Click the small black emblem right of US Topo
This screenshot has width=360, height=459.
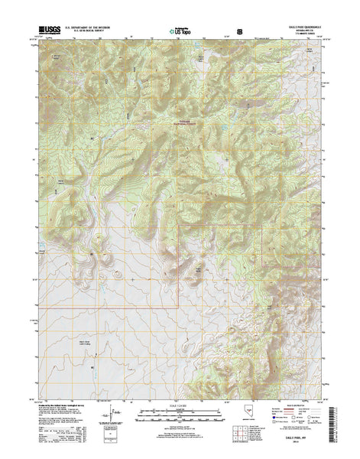coord(242,32)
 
